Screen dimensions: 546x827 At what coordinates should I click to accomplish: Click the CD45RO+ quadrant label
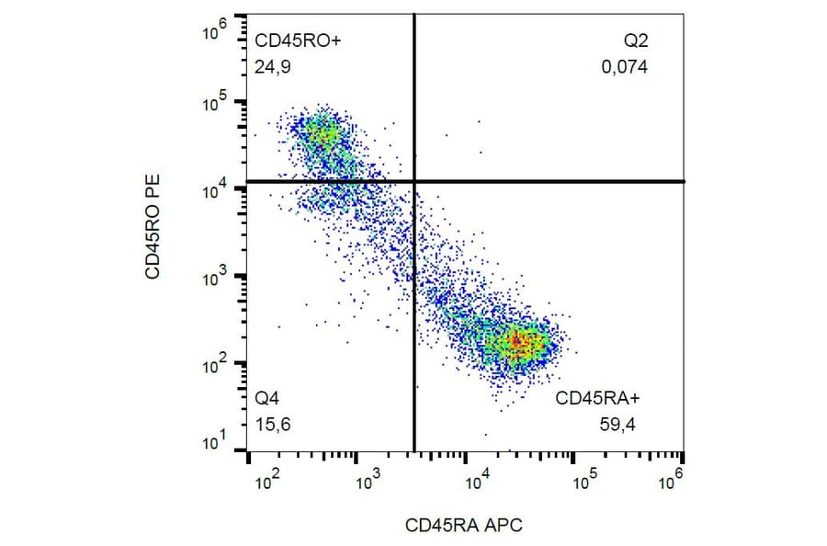pos(291,40)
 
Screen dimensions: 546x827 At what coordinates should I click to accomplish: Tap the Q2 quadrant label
pos(636,40)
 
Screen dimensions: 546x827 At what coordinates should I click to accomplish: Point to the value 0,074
pos(625,67)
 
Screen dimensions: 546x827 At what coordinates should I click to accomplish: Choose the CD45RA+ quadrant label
pos(597,399)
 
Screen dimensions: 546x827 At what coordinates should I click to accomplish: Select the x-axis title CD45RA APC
pos(464,526)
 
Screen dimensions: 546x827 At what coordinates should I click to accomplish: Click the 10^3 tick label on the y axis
pos(214,277)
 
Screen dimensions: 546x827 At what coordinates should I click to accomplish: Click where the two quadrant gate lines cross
pos(415,181)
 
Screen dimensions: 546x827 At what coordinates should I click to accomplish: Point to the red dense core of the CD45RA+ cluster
pos(519,343)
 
